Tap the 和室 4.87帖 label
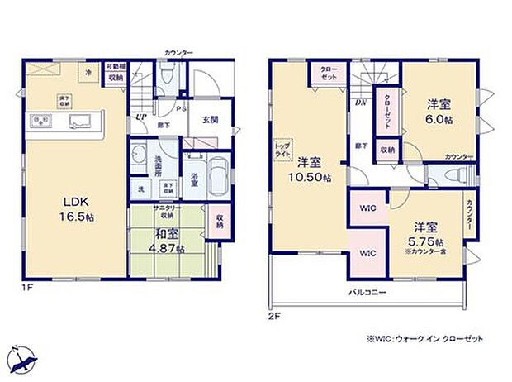[x=168, y=238]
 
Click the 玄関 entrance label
[x=209, y=118]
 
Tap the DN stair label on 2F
[x=361, y=103]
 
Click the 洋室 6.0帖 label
[x=438, y=112]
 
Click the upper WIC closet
[x=367, y=208]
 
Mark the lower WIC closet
[x=367, y=252]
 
